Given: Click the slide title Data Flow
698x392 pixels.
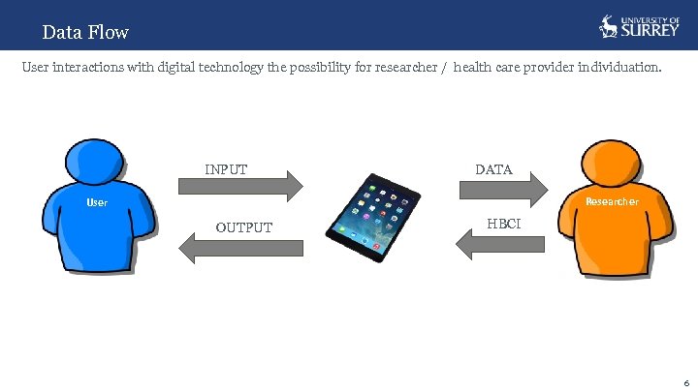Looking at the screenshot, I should coord(85,32).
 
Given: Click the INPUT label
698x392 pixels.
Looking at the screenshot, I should coord(226,169).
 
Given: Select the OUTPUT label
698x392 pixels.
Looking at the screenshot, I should coord(243,227).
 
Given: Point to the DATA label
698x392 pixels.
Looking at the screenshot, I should coord(493,169).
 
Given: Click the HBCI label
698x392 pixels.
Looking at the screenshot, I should coord(503,224).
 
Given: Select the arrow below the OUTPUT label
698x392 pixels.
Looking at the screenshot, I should coord(242,249).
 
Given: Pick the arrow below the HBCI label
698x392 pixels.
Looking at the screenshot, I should coord(494,246).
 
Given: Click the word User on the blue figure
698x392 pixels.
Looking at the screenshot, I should coord(97,203).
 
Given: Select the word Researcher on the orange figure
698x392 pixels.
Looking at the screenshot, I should coord(612,201).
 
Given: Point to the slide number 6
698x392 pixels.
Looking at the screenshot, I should coord(685,381).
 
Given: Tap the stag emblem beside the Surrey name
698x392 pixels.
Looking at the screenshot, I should coord(609,26).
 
